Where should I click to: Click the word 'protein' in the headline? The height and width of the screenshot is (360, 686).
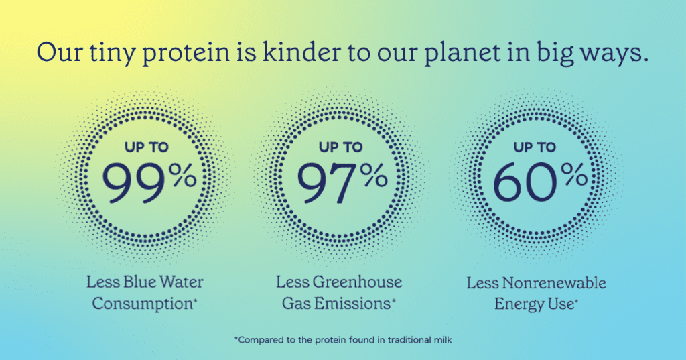click(x=186, y=54)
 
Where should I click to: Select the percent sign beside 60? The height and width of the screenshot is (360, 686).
click(x=574, y=175)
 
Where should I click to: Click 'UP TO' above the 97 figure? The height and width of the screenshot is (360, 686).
click(x=341, y=147)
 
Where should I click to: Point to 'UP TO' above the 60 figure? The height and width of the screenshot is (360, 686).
click(x=535, y=147)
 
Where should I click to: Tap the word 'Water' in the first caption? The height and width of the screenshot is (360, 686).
click(x=181, y=282)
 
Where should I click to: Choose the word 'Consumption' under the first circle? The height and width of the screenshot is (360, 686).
click(x=142, y=304)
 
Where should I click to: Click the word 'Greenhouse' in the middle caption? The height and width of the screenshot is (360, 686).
click(x=357, y=282)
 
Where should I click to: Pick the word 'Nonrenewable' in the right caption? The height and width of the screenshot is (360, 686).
click(x=554, y=282)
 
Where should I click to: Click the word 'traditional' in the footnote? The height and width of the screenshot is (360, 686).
click(x=411, y=339)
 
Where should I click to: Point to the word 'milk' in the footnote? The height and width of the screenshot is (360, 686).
click(x=444, y=339)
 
